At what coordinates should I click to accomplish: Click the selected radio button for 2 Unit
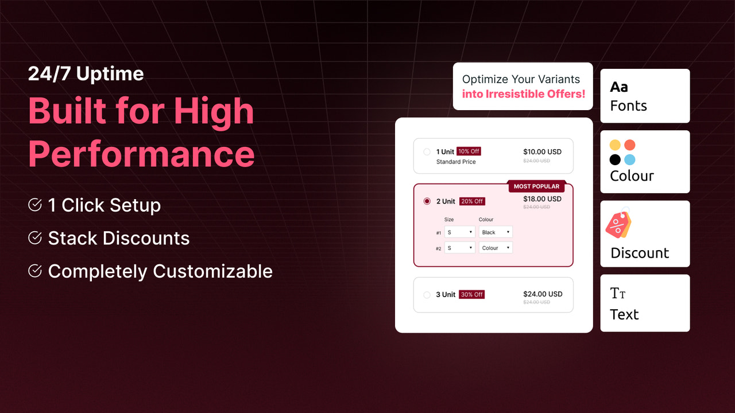427,201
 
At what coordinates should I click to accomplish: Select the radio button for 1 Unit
427,152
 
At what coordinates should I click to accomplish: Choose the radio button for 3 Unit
427,295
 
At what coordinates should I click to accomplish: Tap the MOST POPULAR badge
536,186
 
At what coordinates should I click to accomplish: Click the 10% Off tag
469,151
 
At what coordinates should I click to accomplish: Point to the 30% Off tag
471,294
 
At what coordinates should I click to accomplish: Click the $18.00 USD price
542,199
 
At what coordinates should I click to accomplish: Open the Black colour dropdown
496,232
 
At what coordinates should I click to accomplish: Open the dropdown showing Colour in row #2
496,248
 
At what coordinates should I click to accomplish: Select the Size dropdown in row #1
459,232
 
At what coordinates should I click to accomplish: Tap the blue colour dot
630,160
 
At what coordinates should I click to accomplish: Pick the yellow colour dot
615,145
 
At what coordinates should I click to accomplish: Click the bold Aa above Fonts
619,87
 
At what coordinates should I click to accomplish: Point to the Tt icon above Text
618,294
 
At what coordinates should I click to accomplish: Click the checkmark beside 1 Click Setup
35,205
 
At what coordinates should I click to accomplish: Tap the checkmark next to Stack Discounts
35,237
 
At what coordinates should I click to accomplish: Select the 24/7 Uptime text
86,73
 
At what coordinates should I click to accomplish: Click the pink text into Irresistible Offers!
523,93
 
